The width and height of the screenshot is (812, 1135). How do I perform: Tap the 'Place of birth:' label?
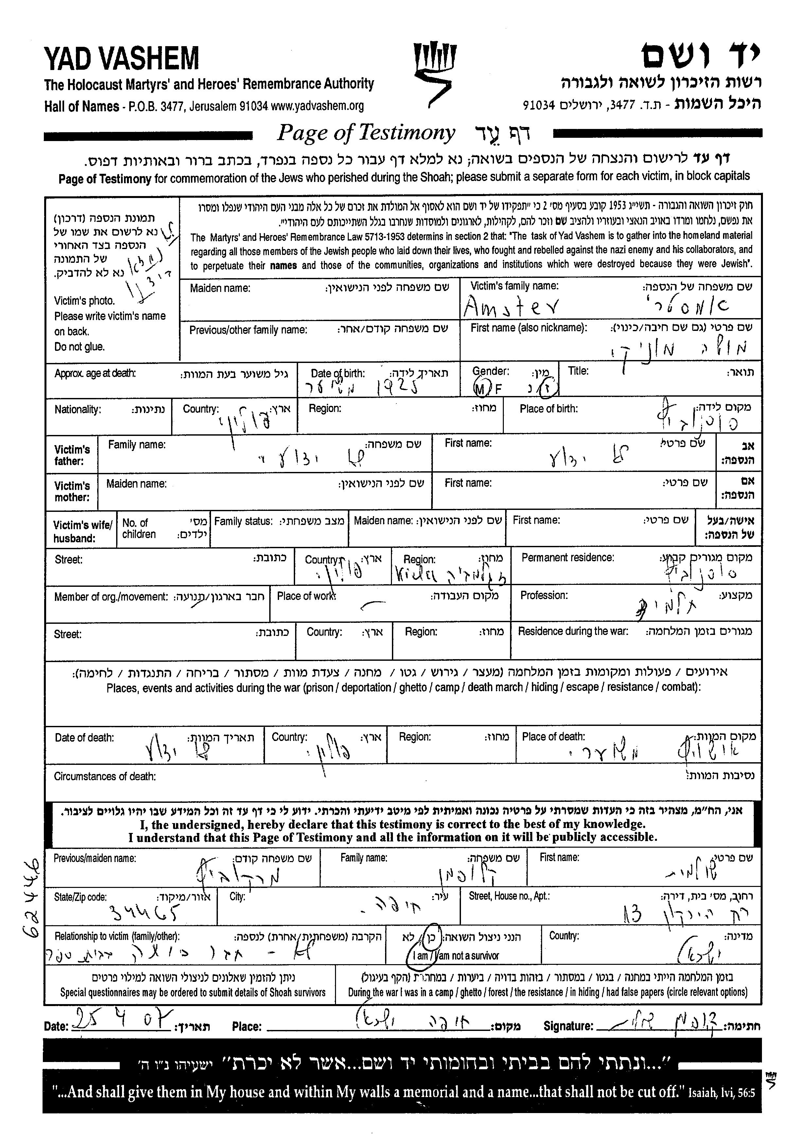tap(549, 409)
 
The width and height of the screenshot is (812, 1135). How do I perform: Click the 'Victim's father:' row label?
tap(72, 455)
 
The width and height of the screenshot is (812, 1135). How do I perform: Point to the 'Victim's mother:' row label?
tap(72, 491)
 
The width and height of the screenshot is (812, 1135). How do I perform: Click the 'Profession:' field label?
tap(544, 595)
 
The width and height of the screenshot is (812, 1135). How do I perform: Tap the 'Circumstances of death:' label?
tap(105, 776)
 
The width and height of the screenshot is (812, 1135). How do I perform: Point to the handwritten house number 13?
tap(632, 915)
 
